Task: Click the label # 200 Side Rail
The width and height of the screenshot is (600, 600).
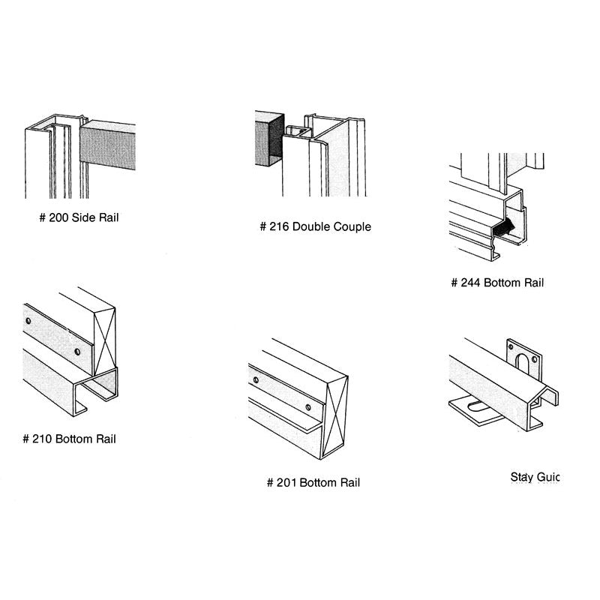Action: [x=79, y=218]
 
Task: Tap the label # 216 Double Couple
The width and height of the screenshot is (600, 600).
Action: [x=315, y=226]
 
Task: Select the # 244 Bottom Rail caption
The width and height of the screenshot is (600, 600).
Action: [x=496, y=283]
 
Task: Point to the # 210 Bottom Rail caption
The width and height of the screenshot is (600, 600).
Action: [x=69, y=439]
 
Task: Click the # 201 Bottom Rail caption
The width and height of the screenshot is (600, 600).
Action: [x=313, y=482]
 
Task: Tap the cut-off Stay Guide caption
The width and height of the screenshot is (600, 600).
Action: [x=535, y=477]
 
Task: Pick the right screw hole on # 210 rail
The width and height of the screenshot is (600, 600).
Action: [x=76, y=350]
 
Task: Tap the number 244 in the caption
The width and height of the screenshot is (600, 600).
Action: [x=471, y=283]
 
